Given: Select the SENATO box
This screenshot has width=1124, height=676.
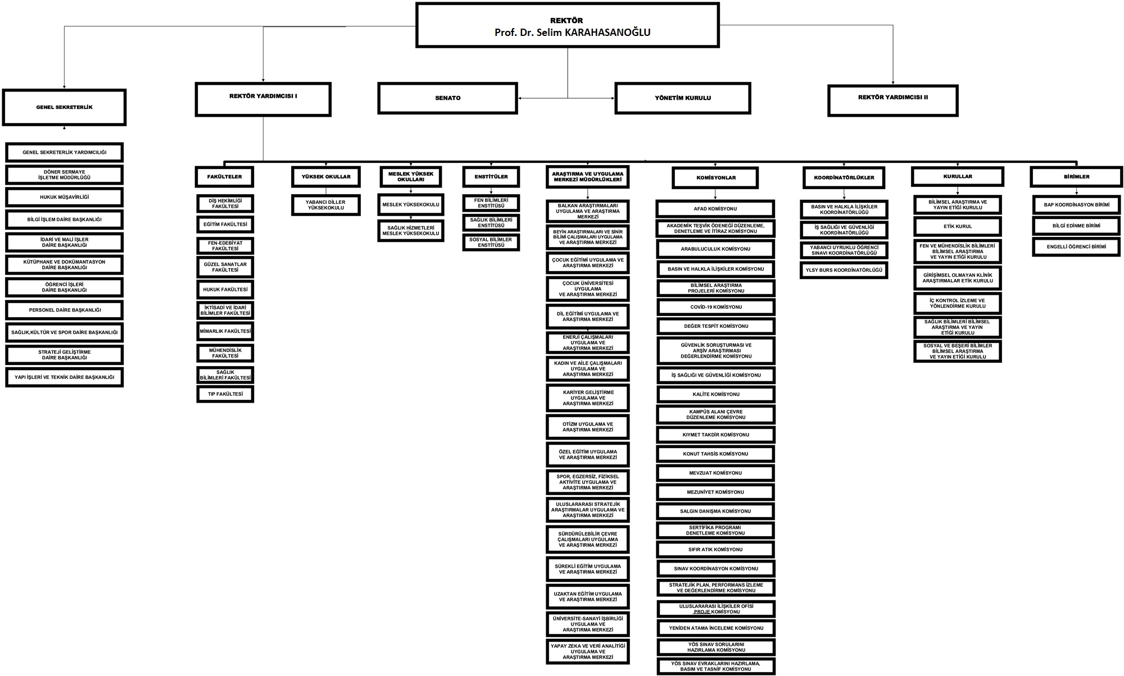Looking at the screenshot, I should [x=447, y=98].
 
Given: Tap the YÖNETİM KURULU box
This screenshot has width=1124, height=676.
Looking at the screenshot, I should [x=682, y=98].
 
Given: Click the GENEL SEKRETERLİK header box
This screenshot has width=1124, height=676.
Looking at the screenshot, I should [x=64, y=107].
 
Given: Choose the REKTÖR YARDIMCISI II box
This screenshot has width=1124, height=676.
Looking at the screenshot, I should [x=892, y=98].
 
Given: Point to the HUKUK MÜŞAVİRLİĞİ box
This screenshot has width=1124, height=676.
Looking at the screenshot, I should [x=64, y=197].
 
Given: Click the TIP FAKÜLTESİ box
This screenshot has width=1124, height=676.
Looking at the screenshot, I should [x=225, y=394].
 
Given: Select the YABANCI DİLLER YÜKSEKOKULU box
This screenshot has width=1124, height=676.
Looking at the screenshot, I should [x=325, y=205].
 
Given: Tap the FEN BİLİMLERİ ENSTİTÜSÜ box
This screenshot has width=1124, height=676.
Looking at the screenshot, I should [x=491, y=203].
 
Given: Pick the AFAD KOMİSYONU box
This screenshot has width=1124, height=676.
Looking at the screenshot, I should [x=715, y=209].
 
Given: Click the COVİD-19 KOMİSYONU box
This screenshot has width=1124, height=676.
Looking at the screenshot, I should [x=715, y=307].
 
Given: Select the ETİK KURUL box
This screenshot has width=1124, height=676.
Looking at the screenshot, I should [x=957, y=227].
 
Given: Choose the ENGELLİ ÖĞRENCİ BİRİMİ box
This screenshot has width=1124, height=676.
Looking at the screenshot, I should [x=1076, y=246].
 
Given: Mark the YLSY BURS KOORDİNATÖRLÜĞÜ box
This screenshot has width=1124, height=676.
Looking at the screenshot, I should [x=844, y=270].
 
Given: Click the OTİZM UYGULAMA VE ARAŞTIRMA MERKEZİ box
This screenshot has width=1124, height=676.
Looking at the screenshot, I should [x=587, y=427].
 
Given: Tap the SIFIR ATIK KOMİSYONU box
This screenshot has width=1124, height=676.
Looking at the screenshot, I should [x=715, y=550].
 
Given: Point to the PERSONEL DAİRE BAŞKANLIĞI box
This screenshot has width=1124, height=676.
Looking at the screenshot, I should [x=64, y=310].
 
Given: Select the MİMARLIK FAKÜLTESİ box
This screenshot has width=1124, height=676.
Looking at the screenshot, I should [x=225, y=331].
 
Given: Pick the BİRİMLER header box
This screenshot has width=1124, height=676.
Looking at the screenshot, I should [x=1076, y=177].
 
